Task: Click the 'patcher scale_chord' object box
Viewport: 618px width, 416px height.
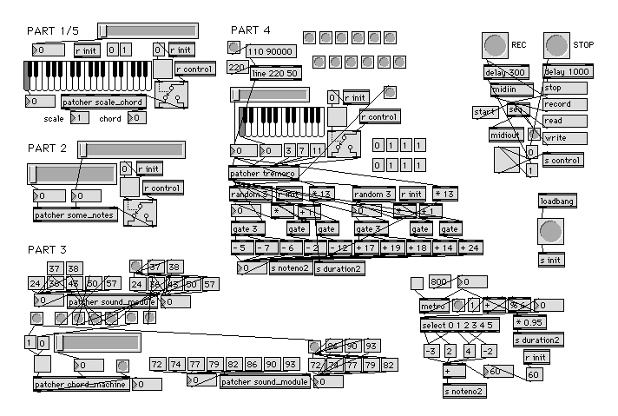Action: click(x=103, y=102)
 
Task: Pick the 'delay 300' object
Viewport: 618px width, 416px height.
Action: click(x=505, y=72)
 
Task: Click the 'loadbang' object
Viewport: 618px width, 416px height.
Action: click(x=556, y=201)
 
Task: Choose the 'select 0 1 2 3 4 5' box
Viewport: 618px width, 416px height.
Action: click(x=459, y=326)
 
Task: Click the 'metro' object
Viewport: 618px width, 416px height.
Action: click(x=432, y=306)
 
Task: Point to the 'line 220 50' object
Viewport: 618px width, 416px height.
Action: click(x=274, y=74)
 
